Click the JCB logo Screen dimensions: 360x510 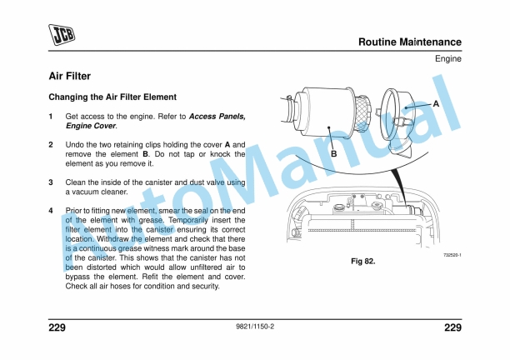[62, 34]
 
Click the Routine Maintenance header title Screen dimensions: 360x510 [409, 42]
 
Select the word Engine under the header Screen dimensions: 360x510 [447, 58]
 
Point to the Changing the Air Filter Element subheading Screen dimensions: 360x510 [112, 97]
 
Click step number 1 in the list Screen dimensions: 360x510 [51, 117]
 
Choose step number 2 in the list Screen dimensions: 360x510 [51, 145]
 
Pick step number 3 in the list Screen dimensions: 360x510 [51, 182]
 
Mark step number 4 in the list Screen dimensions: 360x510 [51, 211]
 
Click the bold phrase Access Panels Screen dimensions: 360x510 [217, 117]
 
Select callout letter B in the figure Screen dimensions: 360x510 [333, 154]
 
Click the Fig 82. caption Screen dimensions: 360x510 [362, 262]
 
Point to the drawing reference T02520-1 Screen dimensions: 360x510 [451, 254]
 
